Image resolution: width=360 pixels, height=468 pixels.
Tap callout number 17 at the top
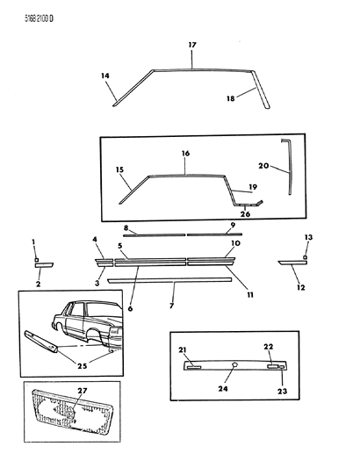[x=192, y=44]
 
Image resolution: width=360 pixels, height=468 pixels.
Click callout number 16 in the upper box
[x=185, y=153]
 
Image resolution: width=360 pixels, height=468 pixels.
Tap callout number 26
[x=245, y=213]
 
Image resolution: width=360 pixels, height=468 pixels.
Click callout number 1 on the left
[x=34, y=241]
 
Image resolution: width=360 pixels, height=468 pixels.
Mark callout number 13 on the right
[x=307, y=238]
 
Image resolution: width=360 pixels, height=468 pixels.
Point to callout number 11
[x=249, y=296]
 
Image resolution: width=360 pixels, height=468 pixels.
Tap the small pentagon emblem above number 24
[x=234, y=363]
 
